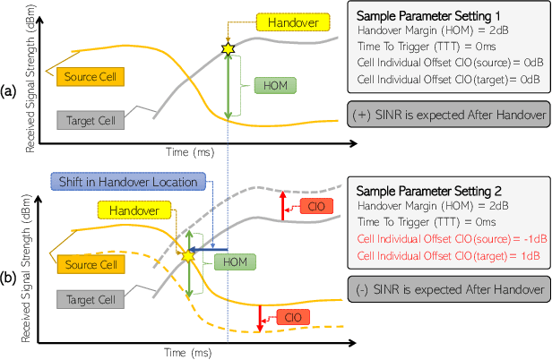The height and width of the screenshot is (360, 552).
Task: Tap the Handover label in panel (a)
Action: tap(288, 21)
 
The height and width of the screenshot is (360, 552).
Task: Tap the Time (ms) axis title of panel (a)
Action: tap(193, 142)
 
